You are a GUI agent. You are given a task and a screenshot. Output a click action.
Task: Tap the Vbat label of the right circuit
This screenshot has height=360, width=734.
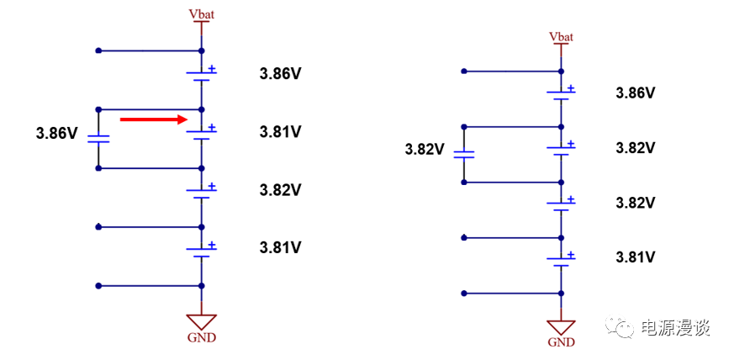pyautogui.click(x=561, y=36)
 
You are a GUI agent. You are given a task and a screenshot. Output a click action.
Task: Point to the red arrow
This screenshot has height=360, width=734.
pyautogui.click(x=152, y=119)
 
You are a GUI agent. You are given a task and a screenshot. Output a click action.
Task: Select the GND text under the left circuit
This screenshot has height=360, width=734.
pyautogui.click(x=201, y=338)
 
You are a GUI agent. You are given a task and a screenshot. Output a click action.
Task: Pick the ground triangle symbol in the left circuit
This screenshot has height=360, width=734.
pyautogui.click(x=201, y=321)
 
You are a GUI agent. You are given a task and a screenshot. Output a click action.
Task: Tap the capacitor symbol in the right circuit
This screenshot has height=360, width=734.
pyautogui.click(x=464, y=154)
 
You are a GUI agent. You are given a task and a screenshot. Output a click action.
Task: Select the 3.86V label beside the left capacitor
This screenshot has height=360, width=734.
pyautogui.click(x=57, y=133)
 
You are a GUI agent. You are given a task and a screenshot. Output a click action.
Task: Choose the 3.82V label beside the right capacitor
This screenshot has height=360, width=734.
pyautogui.click(x=424, y=150)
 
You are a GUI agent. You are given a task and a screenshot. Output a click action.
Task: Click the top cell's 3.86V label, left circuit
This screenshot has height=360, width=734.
pyautogui.click(x=280, y=74)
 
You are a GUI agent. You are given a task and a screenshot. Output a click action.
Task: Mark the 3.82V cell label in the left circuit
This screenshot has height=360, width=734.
pyautogui.click(x=280, y=190)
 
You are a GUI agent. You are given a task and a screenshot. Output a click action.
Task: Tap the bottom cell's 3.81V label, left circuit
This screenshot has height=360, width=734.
pyautogui.click(x=280, y=248)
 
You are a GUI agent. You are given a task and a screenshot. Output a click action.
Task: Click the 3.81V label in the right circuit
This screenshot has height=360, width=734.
pyautogui.click(x=636, y=257)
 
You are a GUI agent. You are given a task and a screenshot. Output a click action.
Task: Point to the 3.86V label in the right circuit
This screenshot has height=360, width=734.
pyautogui.click(x=636, y=93)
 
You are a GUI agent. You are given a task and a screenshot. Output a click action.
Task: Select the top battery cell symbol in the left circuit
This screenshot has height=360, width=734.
pyautogui.click(x=202, y=75)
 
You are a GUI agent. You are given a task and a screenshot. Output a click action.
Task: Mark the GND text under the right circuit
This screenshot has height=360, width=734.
pyautogui.click(x=561, y=342)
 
